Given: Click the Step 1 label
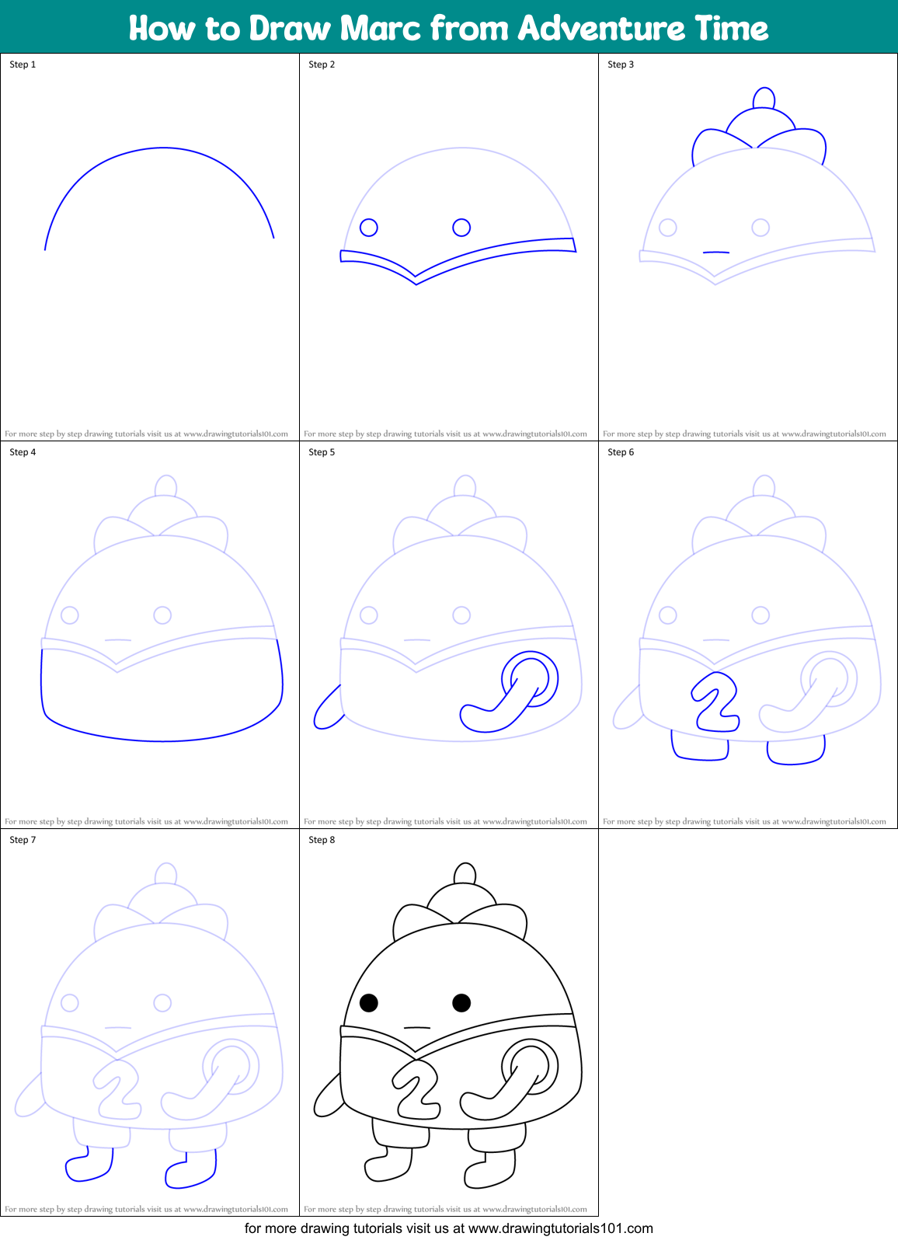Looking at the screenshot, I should [x=23, y=64].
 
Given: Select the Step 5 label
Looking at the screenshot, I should [x=322, y=452].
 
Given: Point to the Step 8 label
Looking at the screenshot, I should [x=322, y=840].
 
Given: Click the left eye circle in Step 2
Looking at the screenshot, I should [x=369, y=228].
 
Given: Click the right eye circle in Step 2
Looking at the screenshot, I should [x=461, y=227].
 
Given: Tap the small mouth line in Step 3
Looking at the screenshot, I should [x=715, y=253].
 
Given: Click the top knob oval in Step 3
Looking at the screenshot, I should [x=764, y=98].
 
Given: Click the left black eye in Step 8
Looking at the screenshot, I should [x=369, y=1003].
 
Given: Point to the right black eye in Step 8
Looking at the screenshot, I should [x=461, y=1003].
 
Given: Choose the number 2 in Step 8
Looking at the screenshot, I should [x=417, y=1091].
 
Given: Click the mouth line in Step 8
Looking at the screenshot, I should [x=416, y=1028].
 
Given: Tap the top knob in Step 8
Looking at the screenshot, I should [x=465, y=873].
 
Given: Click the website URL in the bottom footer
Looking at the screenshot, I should [x=560, y=1228].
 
